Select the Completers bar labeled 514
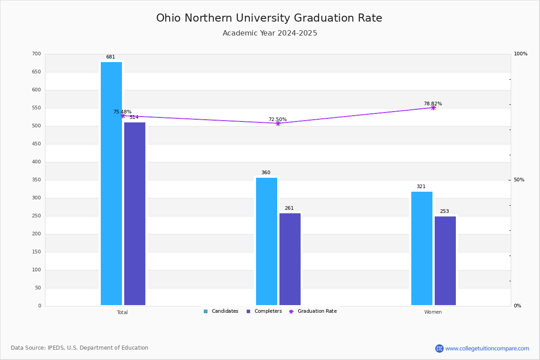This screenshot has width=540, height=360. click(x=135, y=214)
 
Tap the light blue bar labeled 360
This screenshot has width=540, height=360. click(x=266, y=241)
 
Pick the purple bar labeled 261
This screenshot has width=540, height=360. click(x=290, y=259)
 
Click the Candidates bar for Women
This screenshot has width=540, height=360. click(x=422, y=248)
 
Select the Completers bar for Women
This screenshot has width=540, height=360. click(x=445, y=261)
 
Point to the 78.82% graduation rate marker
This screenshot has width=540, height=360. click(x=433, y=108)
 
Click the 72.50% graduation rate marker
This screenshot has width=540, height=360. click(x=278, y=123)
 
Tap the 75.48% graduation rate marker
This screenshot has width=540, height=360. click(x=123, y=116)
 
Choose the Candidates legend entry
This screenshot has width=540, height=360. click(x=221, y=311)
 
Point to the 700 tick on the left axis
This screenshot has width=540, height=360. click(x=36, y=54)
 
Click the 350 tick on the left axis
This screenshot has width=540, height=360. click(x=36, y=180)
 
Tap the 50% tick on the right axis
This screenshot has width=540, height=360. click(x=519, y=180)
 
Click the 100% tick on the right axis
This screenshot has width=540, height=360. click(x=521, y=54)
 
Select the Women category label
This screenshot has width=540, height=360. click(x=433, y=312)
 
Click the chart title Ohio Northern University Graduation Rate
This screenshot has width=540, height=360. click(x=269, y=18)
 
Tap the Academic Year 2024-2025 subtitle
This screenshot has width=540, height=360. click(x=270, y=33)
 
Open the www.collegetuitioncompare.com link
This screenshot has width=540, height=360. click(x=487, y=348)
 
